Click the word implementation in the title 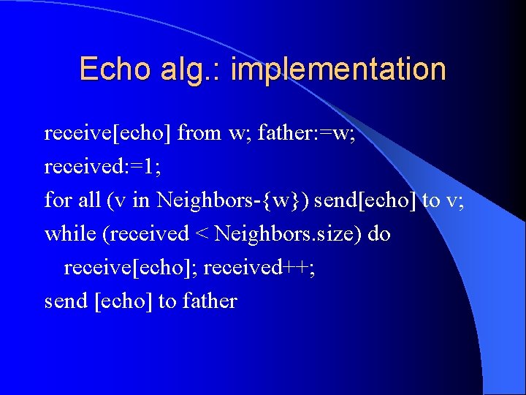[x=337, y=69]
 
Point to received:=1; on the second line [x=102, y=167]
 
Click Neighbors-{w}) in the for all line [x=232, y=200]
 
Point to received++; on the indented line [x=259, y=268]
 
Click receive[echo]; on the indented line [x=130, y=268]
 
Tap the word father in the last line [x=210, y=301]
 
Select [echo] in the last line [x=124, y=301]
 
